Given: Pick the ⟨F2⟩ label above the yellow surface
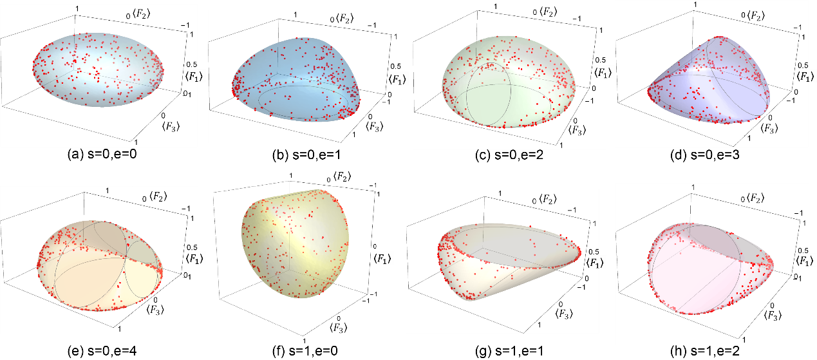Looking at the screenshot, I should [346, 177].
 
